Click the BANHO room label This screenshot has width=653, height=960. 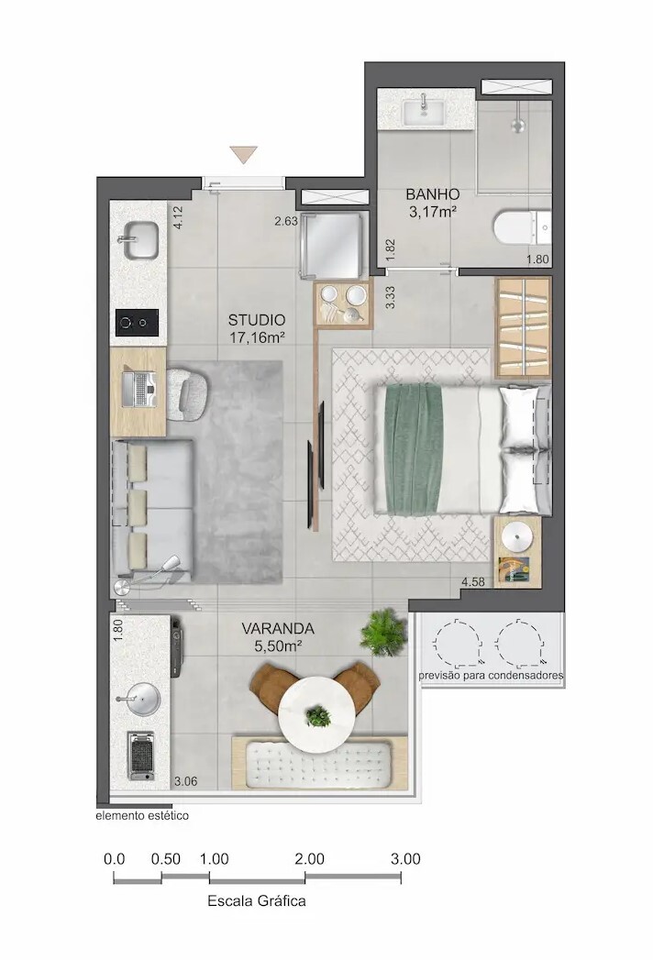(x=433, y=194)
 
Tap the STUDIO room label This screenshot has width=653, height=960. (x=257, y=320)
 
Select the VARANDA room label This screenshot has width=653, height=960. (x=278, y=629)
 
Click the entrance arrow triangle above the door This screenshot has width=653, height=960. (x=243, y=154)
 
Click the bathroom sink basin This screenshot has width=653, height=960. (x=424, y=112)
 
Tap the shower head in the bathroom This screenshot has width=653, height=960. (x=518, y=126)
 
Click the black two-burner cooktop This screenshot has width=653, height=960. (x=138, y=323)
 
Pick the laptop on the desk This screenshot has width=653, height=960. (x=139, y=390)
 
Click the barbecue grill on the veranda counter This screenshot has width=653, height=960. (x=141, y=756)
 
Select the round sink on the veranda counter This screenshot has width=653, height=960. (x=138, y=699)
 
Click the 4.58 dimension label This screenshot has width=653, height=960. (x=473, y=581)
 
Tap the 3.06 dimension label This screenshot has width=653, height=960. (x=185, y=781)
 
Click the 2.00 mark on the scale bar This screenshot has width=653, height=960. (x=309, y=859)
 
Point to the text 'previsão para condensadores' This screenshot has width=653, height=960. (x=491, y=676)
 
